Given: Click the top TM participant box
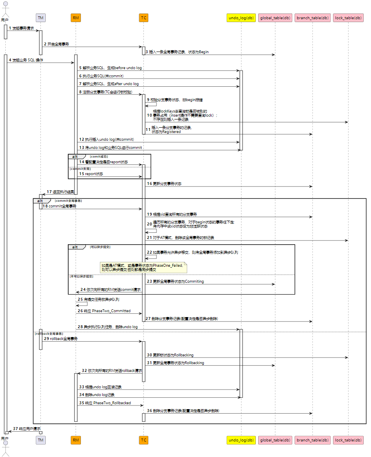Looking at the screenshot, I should pyautogui.click(x=40, y=18).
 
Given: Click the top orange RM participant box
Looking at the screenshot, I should pyautogui.click(x=76, y=18).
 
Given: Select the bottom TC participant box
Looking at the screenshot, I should pyautogui.click(x=143, y=440).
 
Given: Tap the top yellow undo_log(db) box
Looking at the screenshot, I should pyautogui.click(x=241, y=18).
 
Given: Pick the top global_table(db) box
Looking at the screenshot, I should pyautogui.click(x=275, y=18).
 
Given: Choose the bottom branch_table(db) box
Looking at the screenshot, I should pyautogui.click(x=312, y=440).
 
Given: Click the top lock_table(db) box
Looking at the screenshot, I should pyautogui.click(x=348, y=18).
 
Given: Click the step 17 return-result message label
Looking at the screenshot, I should pyautogui.click(x=60, y=191).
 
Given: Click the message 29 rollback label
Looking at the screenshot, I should pyautogui.click(x=63, y=339).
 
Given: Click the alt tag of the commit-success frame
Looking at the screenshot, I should pyautogui.click(x=75, y=156).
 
